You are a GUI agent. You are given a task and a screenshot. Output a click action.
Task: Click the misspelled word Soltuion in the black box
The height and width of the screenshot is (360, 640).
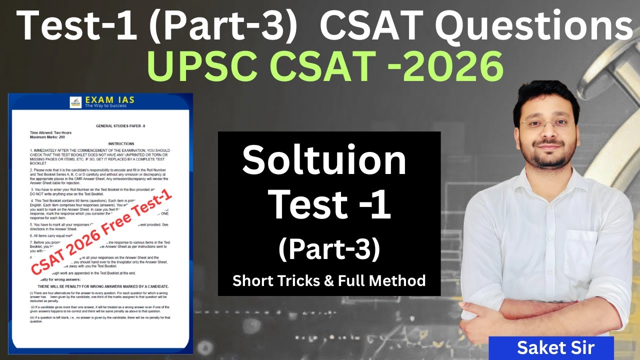click(x=324, y=161)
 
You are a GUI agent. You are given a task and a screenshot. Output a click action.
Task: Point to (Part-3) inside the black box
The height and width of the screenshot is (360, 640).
click(x=329, y=250)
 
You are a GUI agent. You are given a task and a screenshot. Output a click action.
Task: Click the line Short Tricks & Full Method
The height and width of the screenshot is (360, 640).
click(x=329, y=280)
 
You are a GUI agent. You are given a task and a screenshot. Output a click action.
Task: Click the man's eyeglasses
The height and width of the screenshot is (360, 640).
click(x=547, y=122)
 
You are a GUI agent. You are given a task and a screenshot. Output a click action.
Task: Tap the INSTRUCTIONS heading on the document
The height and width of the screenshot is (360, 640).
click(x=120, y=143)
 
